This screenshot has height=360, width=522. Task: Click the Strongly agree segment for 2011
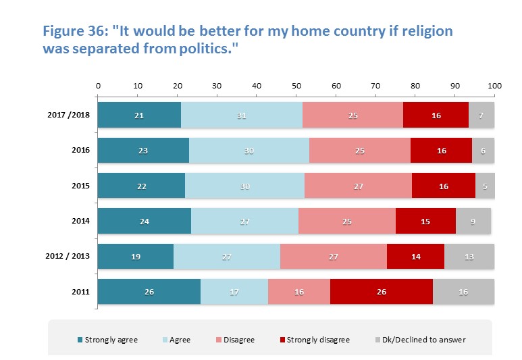tap(149, 292)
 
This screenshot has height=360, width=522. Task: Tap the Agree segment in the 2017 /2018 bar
tap(242, 115)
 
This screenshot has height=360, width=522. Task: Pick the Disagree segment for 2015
tap(358, 186)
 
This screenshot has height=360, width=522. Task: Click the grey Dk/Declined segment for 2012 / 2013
tap(469, 257)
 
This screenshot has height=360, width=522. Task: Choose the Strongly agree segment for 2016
tap(143, 151)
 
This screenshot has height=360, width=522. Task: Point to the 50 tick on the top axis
tap(296, 86)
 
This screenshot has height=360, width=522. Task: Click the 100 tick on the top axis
tap(495, 86)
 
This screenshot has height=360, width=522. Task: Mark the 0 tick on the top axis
tap(99, 86)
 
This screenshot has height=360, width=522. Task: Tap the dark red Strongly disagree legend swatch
tap(282, 340)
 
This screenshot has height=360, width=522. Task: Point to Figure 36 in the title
tap(74, 32)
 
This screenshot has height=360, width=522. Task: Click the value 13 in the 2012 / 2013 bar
tap(469, 257)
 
